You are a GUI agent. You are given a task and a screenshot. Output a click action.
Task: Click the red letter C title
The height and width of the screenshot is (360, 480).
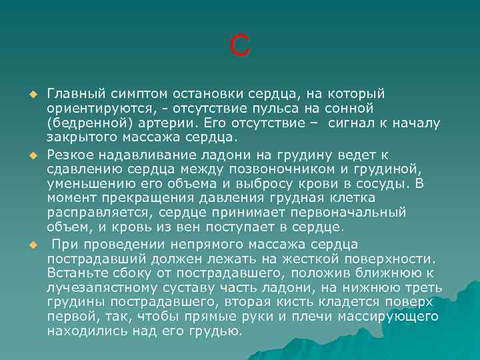click(x=240, y=45)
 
